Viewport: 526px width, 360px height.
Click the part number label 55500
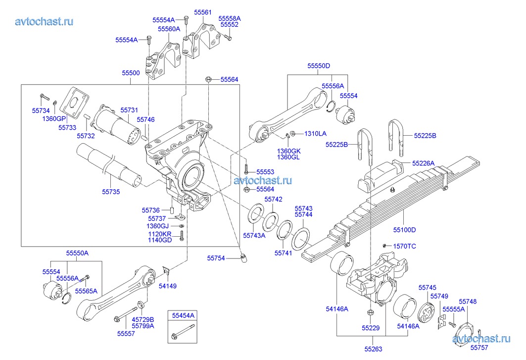[x=131, y=73]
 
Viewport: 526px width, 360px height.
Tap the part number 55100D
[x=405, y=229]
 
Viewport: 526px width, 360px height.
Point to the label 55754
[x=216, y=258]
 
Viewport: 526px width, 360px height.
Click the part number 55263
[x=374, y=349]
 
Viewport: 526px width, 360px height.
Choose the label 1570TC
[x=404, y=246]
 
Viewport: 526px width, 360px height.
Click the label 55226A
[x=424, y=163]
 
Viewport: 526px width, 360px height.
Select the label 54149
[x=167, y=286]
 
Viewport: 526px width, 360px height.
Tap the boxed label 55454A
[x=183, y=315]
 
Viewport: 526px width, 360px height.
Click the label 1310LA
[x=315, y=133]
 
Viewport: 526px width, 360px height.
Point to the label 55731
[x=129, y=109]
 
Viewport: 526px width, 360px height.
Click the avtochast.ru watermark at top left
[x=45, y=21]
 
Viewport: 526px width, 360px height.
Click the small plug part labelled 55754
[x=243, y=257]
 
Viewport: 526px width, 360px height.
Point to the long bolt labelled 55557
[x=127, y=315]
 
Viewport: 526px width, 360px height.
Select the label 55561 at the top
[x=202, y=12]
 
